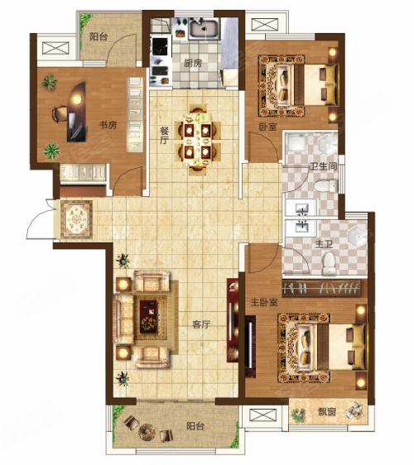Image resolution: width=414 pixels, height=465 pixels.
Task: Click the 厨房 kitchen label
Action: (193, 63)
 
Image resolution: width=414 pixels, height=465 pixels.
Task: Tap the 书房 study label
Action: (108, 125)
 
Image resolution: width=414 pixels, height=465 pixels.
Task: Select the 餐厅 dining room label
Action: (164, 136)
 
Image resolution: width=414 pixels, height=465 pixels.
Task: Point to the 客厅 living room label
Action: (201, 324)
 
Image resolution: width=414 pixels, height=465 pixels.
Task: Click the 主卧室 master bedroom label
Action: (264, 302)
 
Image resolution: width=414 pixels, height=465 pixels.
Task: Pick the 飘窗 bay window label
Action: (327, 411)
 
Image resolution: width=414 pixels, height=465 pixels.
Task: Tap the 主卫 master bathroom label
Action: (324, 244)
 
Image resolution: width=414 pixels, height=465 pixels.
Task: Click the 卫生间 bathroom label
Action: (323, 165)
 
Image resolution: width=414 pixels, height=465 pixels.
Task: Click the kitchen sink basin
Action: (205, 29)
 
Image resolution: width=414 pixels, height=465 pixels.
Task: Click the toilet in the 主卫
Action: (329, 263)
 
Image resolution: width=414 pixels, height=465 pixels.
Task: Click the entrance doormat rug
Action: (76, 219)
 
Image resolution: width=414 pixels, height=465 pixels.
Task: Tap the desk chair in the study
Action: (60, 113)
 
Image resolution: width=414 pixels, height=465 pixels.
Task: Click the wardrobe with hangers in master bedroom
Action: (321, 288)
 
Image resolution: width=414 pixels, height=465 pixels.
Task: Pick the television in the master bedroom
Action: (251, 346)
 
